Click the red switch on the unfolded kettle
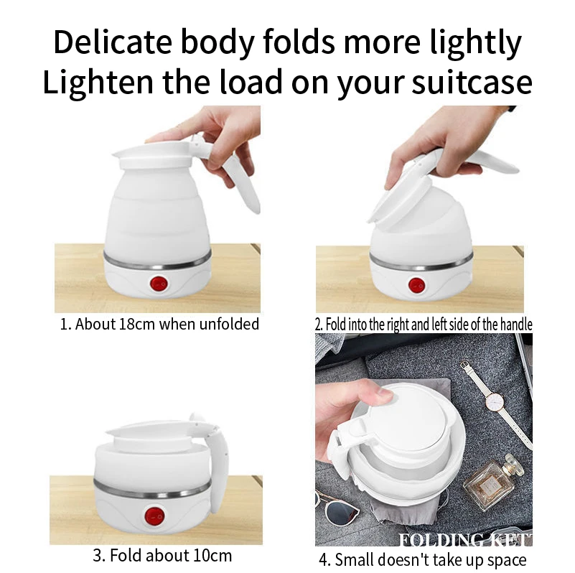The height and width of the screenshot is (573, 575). (x=157, y=284)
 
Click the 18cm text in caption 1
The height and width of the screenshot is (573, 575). (x=134, y=325)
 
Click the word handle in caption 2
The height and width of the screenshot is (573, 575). (x=515, y=325)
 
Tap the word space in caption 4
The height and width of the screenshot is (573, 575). (x=505, y=559)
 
